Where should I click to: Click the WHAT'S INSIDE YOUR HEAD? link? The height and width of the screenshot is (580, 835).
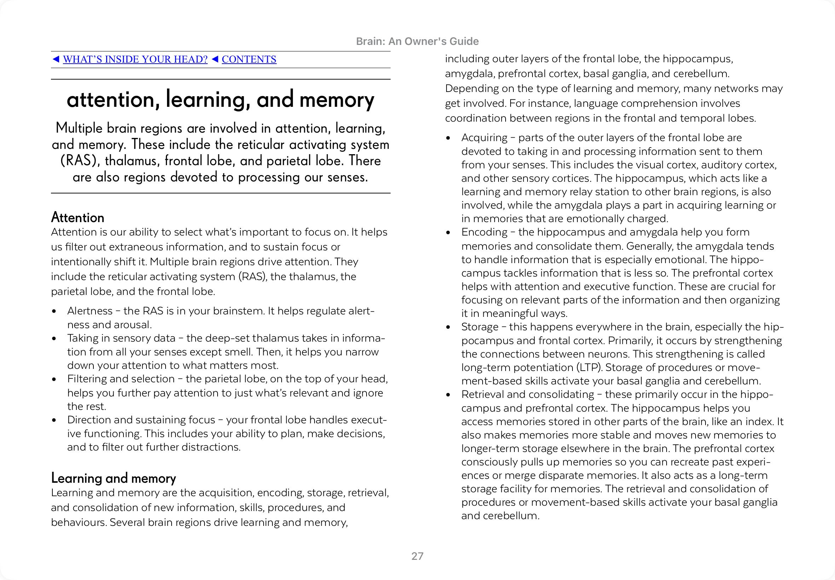pos(135,59)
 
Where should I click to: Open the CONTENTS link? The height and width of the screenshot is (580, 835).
pos(249,59)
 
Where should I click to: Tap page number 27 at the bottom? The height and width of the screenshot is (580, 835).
pos(417,556)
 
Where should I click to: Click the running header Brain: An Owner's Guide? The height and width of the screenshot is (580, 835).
pos(417,41)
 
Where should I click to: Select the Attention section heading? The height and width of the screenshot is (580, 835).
pos(77,217)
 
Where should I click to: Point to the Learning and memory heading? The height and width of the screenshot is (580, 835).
pos(114,478)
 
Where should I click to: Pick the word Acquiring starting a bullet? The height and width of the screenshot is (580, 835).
pos(484,138)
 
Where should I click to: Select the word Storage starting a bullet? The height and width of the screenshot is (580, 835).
pos(480,327)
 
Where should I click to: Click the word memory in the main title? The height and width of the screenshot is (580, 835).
pos(336,100)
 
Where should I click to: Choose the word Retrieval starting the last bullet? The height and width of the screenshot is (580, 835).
pos(482,395)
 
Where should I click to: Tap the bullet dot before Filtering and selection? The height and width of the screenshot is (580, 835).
pos(54,379)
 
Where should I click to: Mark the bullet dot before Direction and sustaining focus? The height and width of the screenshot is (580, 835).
pos(54,420)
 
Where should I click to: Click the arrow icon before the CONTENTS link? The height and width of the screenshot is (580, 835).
pos(215,59)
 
